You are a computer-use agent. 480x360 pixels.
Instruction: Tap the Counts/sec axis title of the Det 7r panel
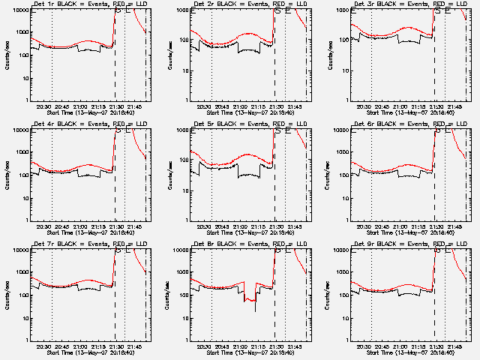(x=8, y=292)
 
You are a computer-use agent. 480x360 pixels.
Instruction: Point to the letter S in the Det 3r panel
(x=438, y=10)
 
